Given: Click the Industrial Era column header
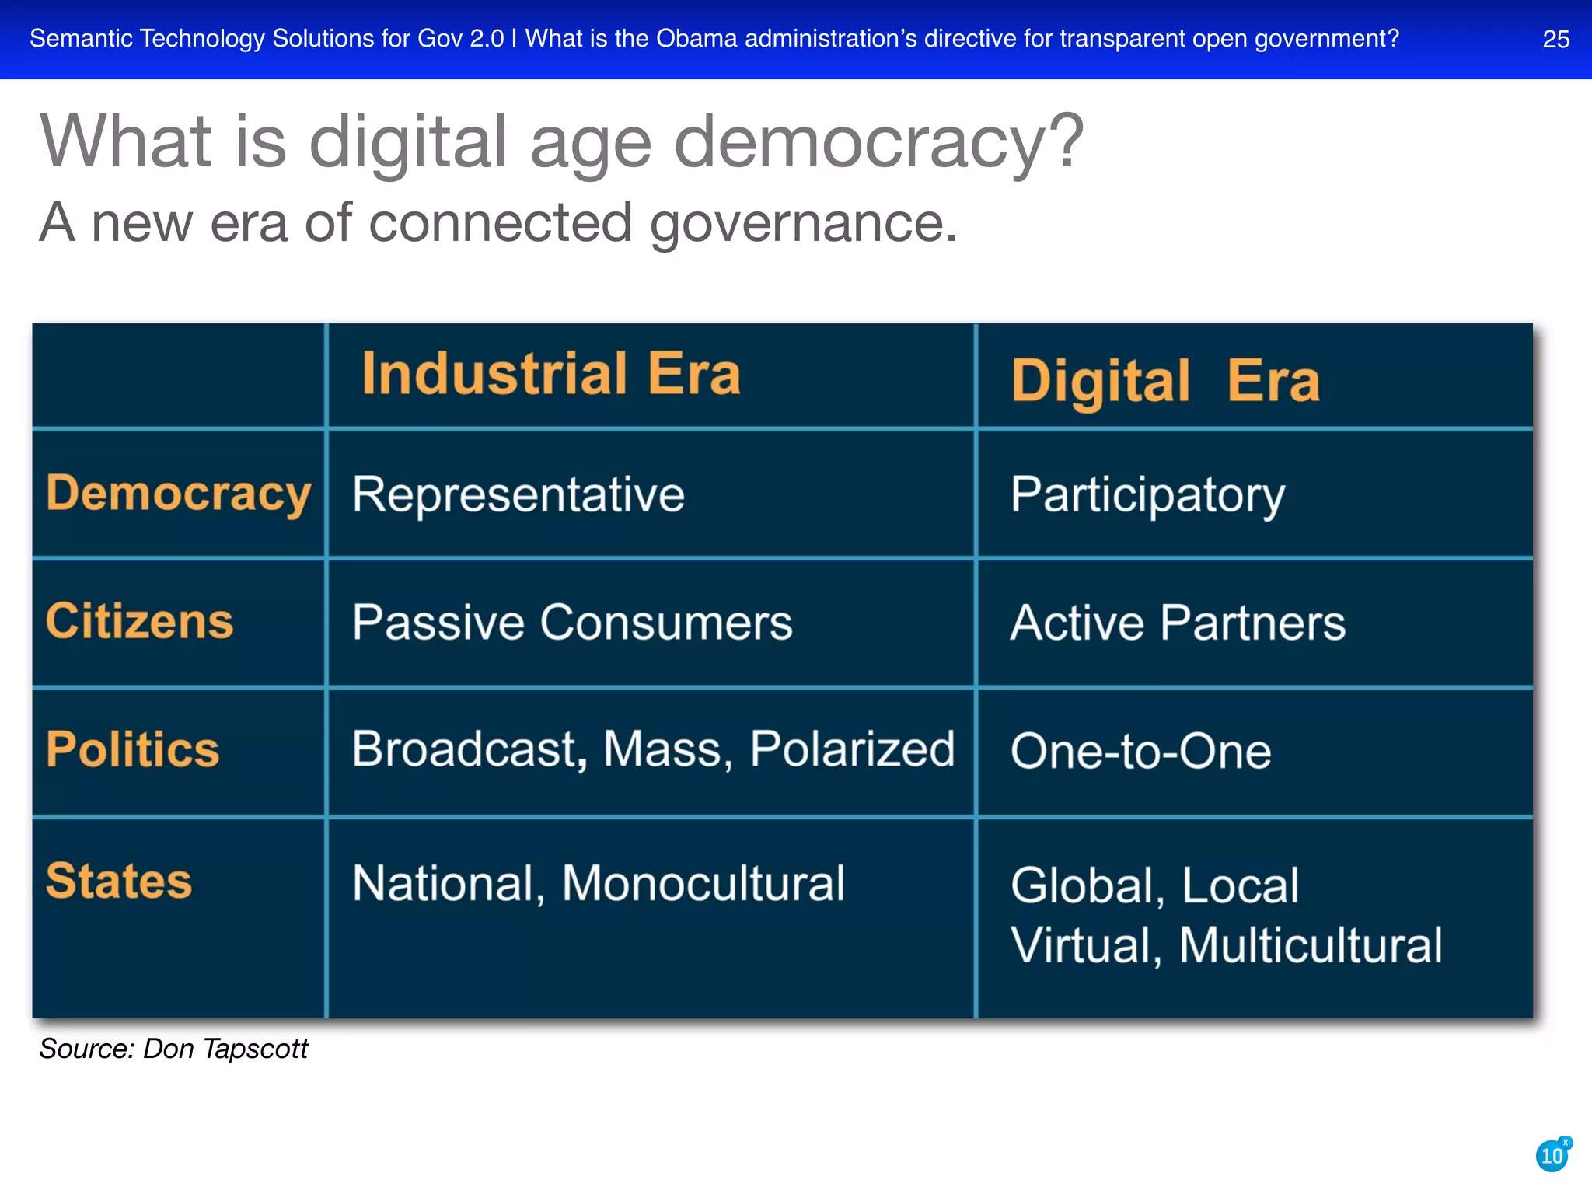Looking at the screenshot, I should [x=551, y=374].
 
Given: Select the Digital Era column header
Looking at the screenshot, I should [x=1164, y=381].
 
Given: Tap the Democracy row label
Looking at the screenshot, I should [x=178, y=494].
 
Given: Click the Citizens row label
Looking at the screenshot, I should [x=139, y=621].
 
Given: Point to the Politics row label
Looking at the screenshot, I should [x=132, y=749].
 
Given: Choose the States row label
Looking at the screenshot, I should [x=118, y=881].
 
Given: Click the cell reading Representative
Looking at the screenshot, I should [x=518, y=494].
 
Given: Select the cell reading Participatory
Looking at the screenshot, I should [x=1147, y=494].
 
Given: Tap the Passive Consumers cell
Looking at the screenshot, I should [x=572, y=623].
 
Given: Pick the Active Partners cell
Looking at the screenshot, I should [x=1178, y=623].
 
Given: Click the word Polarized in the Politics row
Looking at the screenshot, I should [x=852, y=749].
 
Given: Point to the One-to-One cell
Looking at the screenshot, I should [x=1140, y=752].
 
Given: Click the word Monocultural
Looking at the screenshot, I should [x=703, y=883].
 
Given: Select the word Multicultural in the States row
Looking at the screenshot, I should [x=1311, y=945].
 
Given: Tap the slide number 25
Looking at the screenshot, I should [x=1555, y=39].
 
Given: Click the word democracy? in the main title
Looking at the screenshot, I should [x=878, y=141].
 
